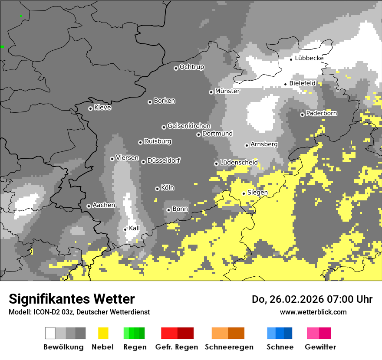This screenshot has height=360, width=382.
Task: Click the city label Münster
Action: point(227,91)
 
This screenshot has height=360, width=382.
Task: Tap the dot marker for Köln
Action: point(157,189)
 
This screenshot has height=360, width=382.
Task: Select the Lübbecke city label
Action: point(309,58)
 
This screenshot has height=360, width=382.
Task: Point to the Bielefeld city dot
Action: point(286,84)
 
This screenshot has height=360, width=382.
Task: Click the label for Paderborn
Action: point(321,113)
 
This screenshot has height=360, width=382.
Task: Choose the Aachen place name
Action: point(104,205)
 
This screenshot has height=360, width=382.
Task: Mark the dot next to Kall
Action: point(125,229)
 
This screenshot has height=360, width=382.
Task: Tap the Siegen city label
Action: point(257,193)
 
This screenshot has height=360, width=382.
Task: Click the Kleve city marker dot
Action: point(90,108)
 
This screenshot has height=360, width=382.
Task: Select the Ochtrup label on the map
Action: point(191,67)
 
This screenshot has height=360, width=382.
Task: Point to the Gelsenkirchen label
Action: point(189,126)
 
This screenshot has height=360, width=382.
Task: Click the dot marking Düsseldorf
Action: point(143,162)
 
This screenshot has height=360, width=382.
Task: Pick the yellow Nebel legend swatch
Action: point(103,333)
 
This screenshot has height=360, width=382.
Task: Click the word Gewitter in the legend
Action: point(320,347)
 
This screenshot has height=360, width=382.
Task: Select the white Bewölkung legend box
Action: point(50,333)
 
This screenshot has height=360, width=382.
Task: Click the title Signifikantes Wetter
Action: point(72,299)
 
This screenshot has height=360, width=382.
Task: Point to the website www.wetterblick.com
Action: point(313,312)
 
